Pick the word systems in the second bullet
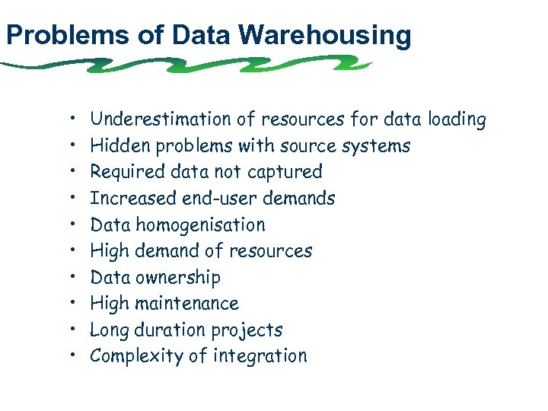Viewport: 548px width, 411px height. [x=376, y=145]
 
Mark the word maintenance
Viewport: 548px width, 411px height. [x=186, y=304]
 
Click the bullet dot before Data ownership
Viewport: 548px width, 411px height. [x=70, y=278]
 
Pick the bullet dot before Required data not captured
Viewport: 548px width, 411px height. [x=70, y=172]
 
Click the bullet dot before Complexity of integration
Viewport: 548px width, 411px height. [x=70, y=357]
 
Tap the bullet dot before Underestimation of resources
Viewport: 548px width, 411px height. [x=70, y=119]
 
